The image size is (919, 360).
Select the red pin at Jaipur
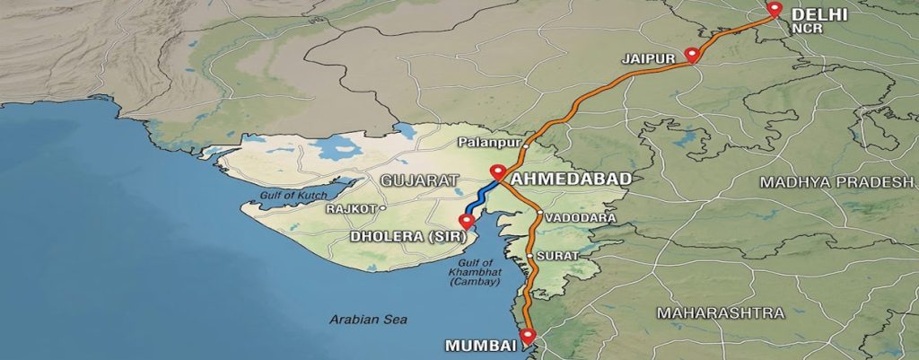click(691, 55)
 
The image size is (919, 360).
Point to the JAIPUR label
click(647, 58)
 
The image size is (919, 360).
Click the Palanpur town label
click(488, 142)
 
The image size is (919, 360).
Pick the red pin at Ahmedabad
click(496, 171)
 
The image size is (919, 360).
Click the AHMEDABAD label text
click(569, 179)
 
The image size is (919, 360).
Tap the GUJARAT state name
click(413, 180)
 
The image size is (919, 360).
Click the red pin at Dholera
click(466, 222)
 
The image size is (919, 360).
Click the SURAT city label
click(556, 256)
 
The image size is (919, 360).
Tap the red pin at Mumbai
click(527, 335)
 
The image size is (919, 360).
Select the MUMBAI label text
click(480, 346)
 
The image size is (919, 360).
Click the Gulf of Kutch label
click(289, 195)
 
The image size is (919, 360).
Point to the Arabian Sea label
click(367, 319)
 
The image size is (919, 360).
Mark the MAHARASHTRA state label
click(720, 312)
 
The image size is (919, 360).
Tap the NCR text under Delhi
click(802, 29)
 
